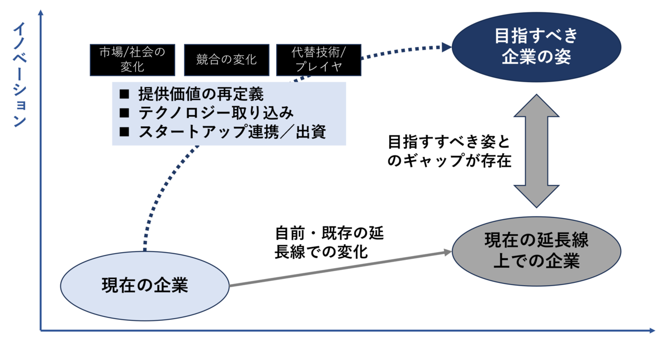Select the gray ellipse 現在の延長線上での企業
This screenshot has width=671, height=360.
(x=536, y=251)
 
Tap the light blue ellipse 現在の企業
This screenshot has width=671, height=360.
(x=145, y=285)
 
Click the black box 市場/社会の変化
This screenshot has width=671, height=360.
(x=133, y=60)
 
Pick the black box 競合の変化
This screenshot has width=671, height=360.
(x=226, y=60)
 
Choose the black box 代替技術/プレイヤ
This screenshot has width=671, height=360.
(x=319, y=60)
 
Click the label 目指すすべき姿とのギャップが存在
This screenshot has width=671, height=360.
(x=450, y=150)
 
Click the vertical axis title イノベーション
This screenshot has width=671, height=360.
(x=20, y=75)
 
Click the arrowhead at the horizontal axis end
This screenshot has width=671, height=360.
(x=651, y=331)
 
